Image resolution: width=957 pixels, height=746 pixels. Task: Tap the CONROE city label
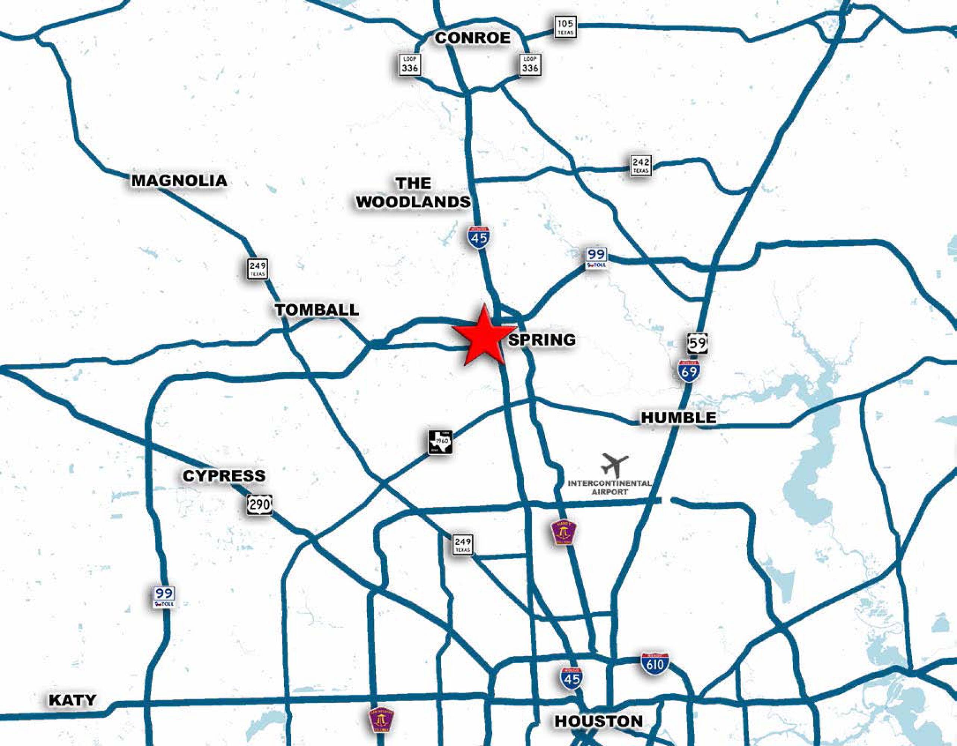[472, 38]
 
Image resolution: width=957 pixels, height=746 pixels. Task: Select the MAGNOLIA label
[179, 180]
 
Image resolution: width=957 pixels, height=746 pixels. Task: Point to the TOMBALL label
[317, 310]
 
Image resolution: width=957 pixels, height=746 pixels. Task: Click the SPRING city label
[542, 339]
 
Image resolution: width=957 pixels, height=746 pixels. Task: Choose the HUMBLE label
[679, 417]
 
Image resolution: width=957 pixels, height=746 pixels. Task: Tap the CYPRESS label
[224, 476]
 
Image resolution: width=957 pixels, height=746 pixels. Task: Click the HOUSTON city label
[598, 721]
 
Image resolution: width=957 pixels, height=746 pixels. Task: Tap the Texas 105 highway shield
[565, 27]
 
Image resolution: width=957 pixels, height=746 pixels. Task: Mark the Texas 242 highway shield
[641, 165]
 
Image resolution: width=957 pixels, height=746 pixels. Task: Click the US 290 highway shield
[259, 504]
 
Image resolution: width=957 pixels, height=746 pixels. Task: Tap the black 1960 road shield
[440, 442]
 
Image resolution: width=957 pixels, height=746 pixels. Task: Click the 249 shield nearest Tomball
[257, 269]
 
